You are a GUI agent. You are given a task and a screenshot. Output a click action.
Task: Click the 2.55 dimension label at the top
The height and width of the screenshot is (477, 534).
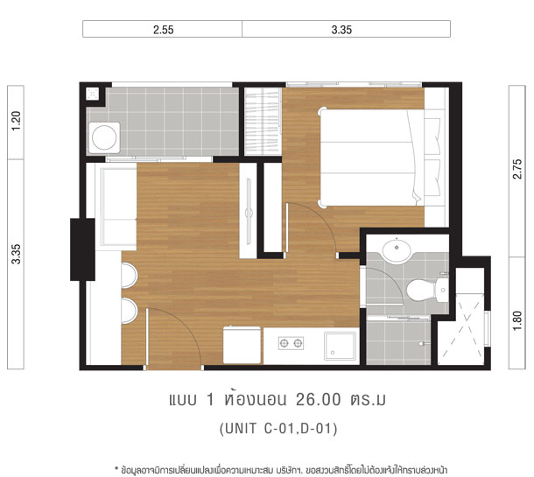[x=164, y=30]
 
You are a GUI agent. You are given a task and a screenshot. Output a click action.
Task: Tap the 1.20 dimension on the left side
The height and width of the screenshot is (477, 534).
[x=16, y=121]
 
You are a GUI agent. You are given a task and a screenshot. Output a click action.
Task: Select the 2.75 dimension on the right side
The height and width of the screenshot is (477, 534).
[x=517, y=169]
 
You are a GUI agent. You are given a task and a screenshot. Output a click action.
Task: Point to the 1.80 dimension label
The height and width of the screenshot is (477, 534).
[x=517, y=320]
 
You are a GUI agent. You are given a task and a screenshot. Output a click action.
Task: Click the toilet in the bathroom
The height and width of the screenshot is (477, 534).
[x=427, y=290]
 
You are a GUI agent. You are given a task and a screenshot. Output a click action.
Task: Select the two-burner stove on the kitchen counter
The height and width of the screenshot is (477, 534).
[x=291, y=343]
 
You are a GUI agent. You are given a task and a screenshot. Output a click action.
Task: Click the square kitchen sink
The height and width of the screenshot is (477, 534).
[x=340, y=346]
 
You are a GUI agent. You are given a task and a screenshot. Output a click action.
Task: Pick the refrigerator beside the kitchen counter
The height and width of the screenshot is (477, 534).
[x=242, y=345]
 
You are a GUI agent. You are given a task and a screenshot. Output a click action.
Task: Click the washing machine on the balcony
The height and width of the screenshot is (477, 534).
[x=104, y=137]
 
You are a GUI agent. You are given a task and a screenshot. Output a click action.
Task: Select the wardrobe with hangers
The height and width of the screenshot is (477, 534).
[x=263, y=121]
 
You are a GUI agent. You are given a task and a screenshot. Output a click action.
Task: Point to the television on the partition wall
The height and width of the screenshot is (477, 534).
[x=249, y=212]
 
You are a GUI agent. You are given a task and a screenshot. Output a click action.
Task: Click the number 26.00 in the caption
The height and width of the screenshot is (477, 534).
[x=318, y=400]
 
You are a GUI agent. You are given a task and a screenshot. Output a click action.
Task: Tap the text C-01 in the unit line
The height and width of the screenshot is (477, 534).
[x=278, y=428]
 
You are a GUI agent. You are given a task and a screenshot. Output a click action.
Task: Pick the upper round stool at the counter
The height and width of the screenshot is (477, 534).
[x=130, y=276]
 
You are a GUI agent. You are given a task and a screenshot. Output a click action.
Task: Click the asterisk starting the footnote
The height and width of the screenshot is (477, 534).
[x=116, y=468]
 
